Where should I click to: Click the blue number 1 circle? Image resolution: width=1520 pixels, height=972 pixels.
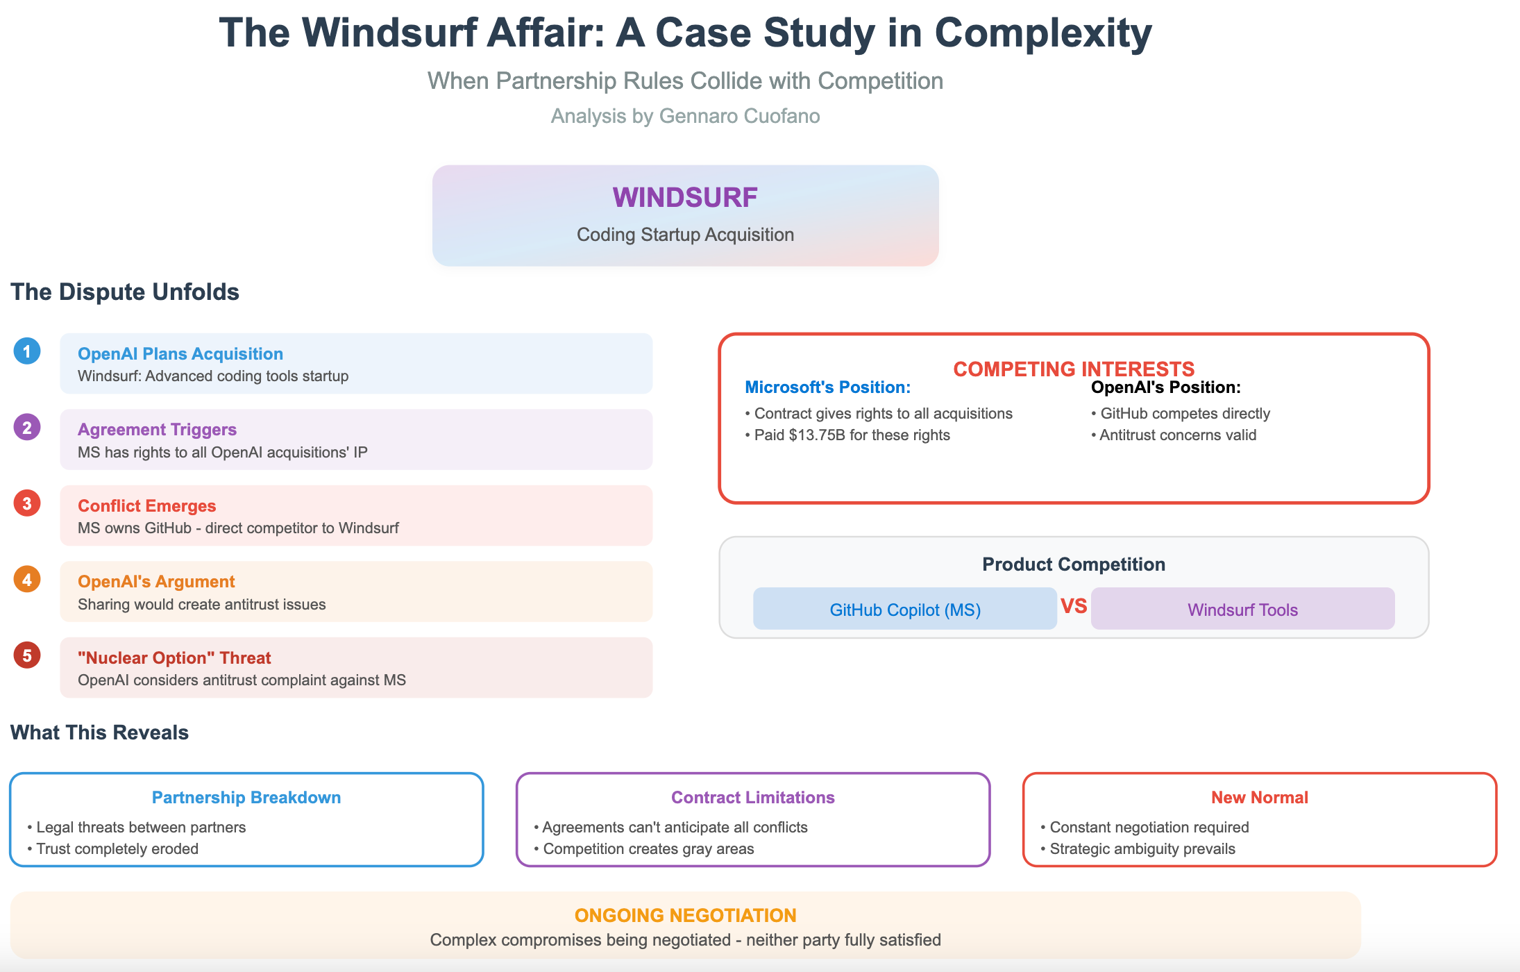pos(27,351)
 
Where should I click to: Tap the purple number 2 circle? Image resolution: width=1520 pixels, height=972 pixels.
pos(27,428)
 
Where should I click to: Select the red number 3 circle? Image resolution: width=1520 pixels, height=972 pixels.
pos(27,503)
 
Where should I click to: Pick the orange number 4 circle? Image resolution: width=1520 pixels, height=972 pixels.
pos(27,580)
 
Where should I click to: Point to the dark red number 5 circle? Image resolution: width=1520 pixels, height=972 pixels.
pos(27,655)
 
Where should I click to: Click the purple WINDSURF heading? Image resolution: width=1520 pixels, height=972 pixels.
pos(684,198)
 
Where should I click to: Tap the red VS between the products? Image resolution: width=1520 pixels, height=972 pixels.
pos(1073,606)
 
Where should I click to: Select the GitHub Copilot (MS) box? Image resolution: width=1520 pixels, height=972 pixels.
pos(904,609)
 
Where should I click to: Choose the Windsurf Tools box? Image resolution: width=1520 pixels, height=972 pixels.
pos(1242,609)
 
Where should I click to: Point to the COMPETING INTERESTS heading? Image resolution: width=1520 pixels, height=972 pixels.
pos(1073,369)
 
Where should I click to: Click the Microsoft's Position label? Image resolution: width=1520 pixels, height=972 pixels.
pos(827,387)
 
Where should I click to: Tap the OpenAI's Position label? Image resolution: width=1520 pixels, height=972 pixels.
pos(1165,387)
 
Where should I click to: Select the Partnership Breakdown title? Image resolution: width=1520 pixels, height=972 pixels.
pos(246,798)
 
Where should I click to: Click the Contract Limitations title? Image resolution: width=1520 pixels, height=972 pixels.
pos(752,798)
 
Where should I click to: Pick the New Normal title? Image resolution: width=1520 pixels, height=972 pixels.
pos(1259,798)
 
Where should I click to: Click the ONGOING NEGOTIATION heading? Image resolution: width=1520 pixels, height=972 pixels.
pos(685,916)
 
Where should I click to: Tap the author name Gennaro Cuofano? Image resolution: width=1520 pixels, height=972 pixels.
pos(739,116)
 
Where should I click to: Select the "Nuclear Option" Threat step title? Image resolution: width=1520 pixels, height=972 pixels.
pos(174,658)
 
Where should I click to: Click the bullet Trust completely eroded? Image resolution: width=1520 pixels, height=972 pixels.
pos(117,849)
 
